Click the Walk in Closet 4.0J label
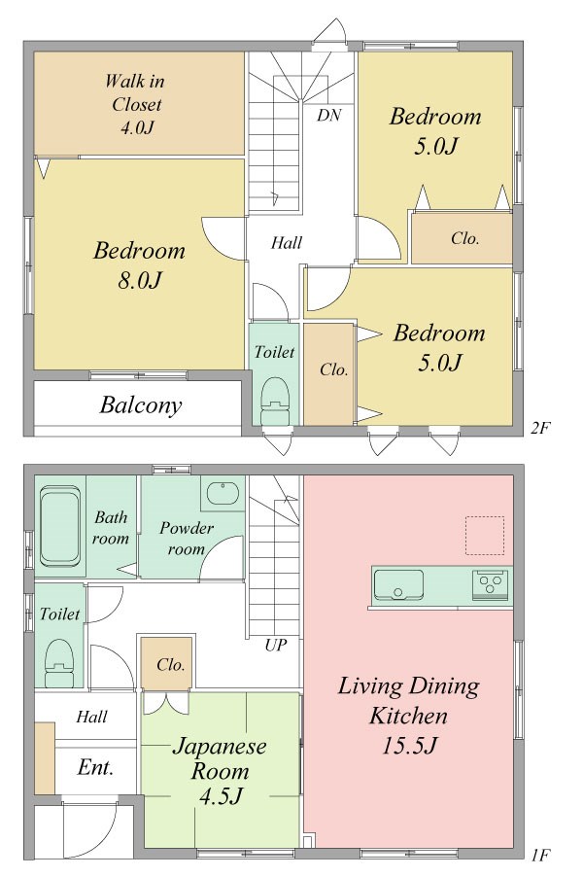135,105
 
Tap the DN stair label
328,116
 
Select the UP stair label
276,646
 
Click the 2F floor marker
540,428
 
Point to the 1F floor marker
540,855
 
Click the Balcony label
141,404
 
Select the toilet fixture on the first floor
58,663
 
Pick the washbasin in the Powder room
223,493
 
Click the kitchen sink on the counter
398,584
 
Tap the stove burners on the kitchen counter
491,585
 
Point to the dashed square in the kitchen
485,536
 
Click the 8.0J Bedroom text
139,265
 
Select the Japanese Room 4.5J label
220,770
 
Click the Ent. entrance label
95,767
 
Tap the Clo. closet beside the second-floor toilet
328,373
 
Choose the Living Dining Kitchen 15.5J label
409,716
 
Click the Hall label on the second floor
287,243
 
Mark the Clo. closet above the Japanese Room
167,663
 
